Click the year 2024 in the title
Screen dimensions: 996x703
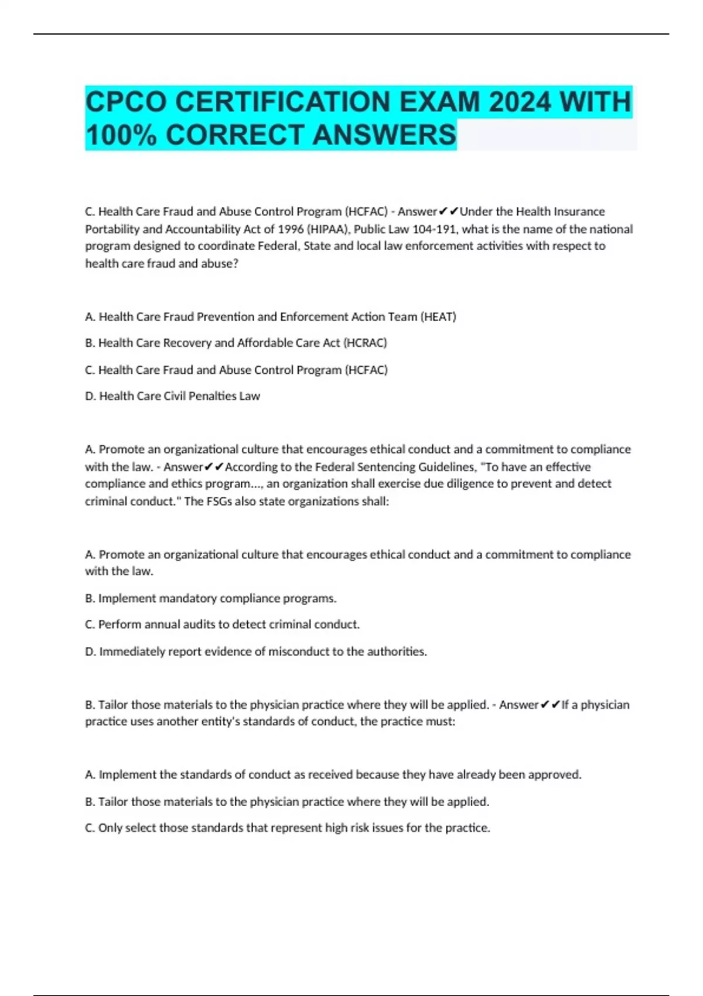519,102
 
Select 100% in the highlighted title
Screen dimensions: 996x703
121,135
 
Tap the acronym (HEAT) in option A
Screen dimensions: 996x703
438,317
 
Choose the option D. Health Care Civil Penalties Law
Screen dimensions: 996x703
173,396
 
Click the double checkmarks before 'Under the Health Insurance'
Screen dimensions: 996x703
449,212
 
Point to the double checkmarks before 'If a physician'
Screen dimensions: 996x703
550,705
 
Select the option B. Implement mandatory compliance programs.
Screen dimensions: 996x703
211,598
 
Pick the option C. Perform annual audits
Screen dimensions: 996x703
223,625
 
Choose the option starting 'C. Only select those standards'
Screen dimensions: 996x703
288,828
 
